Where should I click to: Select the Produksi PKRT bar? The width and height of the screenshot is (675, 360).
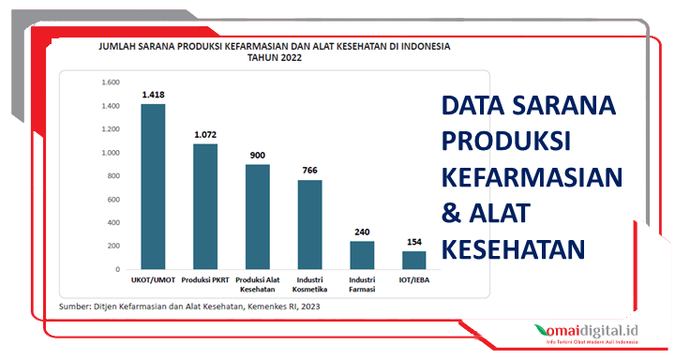(205, 206)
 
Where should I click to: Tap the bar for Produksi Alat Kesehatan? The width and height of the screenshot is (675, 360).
(258, 217)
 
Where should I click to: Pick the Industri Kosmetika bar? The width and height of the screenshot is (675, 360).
(310, 224)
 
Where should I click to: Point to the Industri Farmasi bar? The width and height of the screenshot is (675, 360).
(362, 255)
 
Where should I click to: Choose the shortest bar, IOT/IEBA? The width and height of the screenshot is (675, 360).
(414, 260)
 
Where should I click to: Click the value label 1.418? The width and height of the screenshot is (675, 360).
(153, 95)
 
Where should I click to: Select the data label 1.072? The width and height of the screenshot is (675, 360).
(205, 135)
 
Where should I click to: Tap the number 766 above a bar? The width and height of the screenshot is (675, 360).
(310, 170)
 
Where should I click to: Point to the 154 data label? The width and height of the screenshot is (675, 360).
(414, 242)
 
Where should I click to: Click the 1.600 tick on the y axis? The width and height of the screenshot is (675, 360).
(110, 82)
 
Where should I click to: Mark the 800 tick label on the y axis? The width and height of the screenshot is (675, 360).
(112, 175)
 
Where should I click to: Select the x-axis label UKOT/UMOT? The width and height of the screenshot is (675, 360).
(153, 279)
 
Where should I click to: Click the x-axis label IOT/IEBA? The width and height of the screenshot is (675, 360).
(414, 279)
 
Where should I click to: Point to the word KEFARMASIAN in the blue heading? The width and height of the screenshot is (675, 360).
(532, 177)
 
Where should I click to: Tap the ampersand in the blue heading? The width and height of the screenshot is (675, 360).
(451, 213)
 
